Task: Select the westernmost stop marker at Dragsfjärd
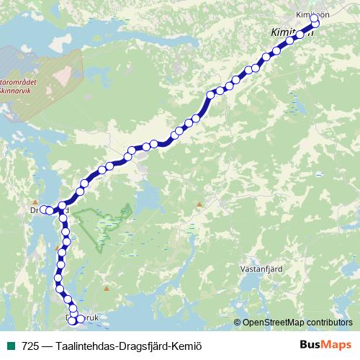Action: [43, 210]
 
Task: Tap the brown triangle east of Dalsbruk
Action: [107, 289]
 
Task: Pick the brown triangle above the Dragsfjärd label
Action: [35, 202]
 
